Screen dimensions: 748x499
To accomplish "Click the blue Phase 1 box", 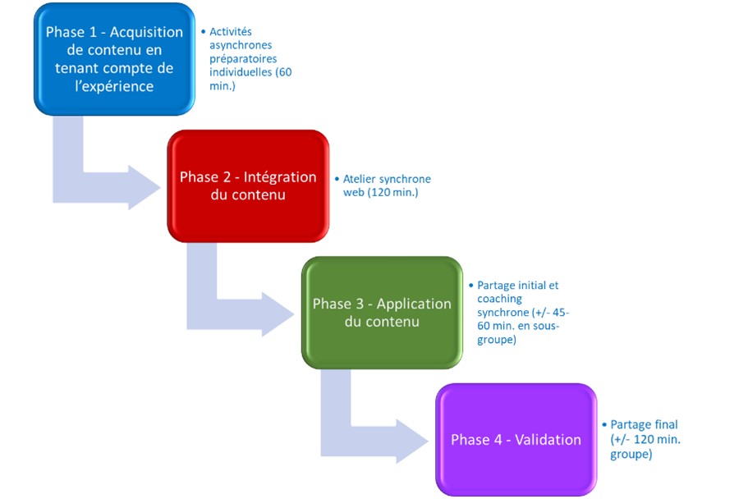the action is pos(114,59).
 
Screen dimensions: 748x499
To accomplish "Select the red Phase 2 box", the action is pos(248,186).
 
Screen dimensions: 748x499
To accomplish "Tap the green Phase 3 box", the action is pos(382,313).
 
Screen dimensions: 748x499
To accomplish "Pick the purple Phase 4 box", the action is pos(516,439).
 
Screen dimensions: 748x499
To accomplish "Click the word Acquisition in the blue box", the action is pos(146,32).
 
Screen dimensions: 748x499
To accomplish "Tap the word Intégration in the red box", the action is pos(280,177).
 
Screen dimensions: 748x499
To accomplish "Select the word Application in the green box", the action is pos(414,304).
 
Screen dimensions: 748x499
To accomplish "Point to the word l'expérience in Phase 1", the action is pos(114,86).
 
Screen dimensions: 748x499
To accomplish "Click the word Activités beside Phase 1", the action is pos(231,31).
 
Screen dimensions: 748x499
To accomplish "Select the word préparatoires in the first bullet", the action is pos(243,58).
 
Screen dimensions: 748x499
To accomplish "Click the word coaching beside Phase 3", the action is pos(499,299).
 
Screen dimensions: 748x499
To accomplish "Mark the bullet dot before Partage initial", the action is pos(471,286).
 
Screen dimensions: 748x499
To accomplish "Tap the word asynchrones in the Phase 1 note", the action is pos(241,45).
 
